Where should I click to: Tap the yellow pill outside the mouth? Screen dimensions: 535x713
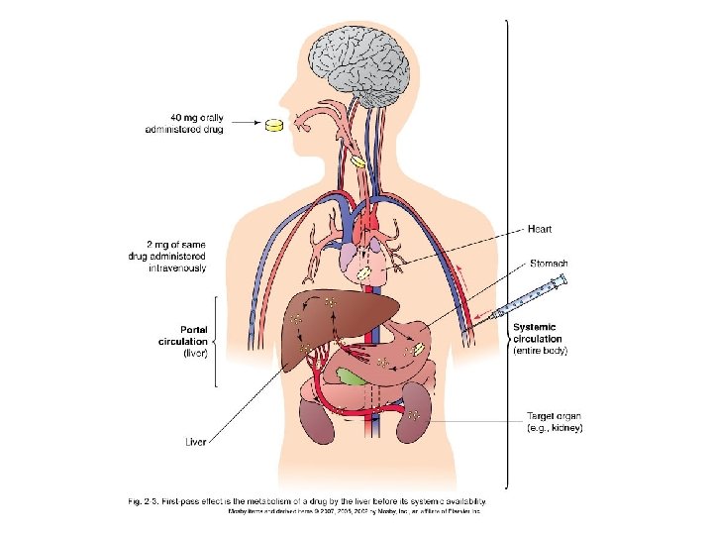coord(274,125)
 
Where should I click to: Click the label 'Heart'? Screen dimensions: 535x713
coord(539,229)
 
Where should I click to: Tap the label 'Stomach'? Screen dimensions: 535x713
coord(546,264)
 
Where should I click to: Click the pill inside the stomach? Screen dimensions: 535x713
coord(419,348)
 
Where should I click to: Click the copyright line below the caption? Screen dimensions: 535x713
coord(355,512)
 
